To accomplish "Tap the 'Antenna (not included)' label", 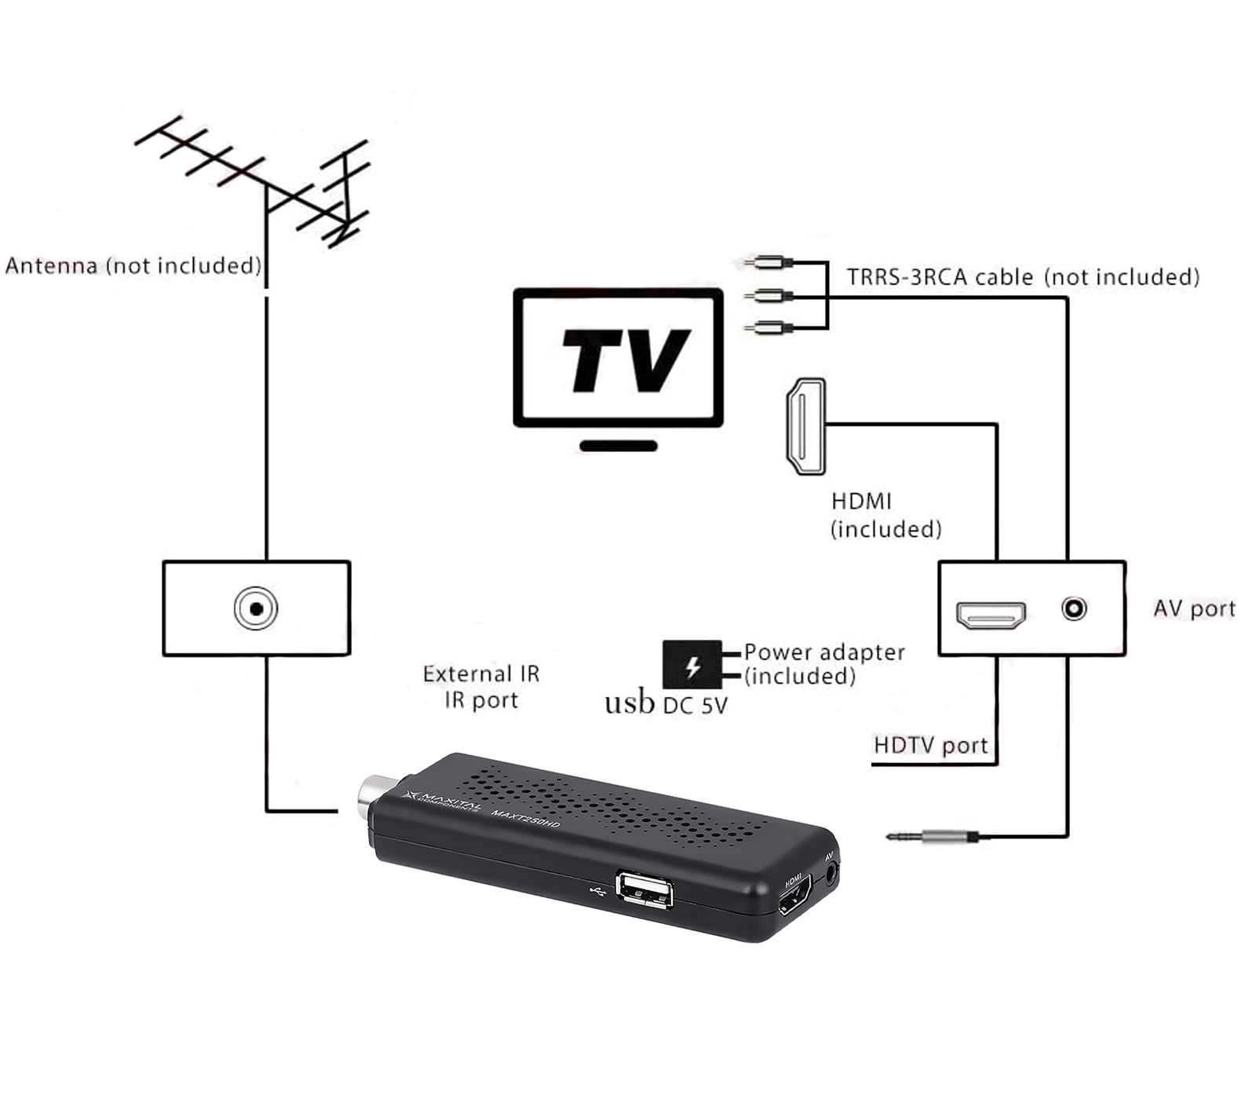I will click(133, 265).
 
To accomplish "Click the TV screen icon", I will click(619, 358).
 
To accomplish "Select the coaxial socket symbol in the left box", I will click(256, 608).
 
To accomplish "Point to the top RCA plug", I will click(769, 262).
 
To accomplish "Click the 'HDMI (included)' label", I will click(885, 515).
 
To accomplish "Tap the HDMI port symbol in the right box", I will click(991, 615).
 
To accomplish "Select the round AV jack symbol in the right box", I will click(1074, 608).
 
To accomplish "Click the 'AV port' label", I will click(1194, 608).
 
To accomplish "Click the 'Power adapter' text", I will click(824, 652).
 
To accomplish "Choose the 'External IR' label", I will click(481, 674).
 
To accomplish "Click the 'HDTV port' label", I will click(930, 745).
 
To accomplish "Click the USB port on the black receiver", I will click(644, 890).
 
